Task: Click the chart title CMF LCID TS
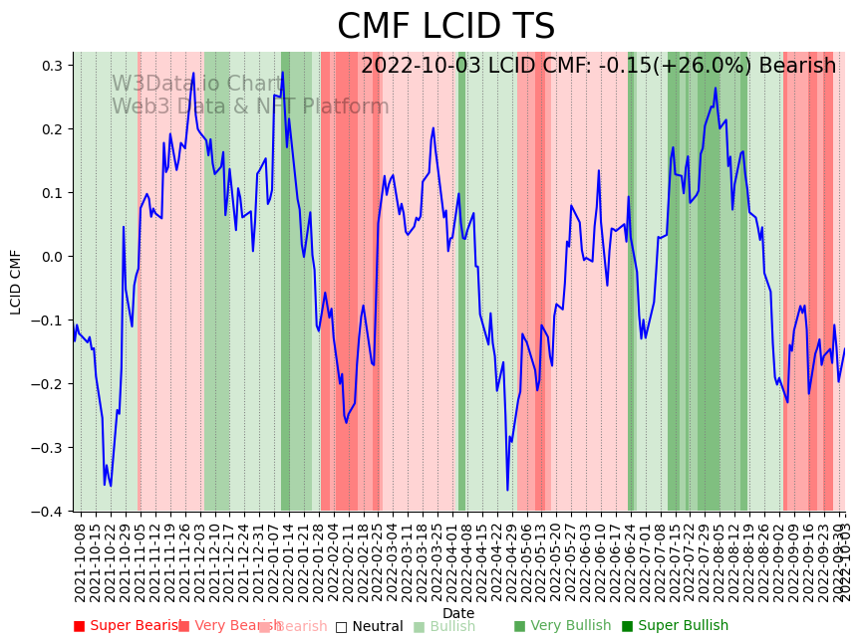[445, 27]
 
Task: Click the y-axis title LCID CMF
[16, 282]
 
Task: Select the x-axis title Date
[458, 613]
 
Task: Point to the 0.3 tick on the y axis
[51, 66]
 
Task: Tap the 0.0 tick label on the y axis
[51, 257]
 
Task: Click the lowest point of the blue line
[507, 490]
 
